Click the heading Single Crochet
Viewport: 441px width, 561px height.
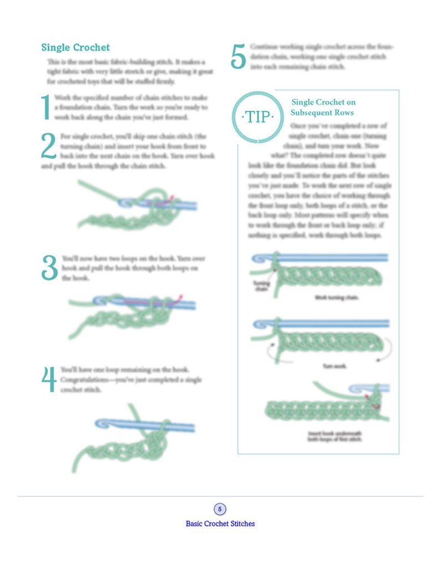pyautogui.click(x=75, y=48)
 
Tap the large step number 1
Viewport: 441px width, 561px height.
pyautogui.click(x=46, y=107)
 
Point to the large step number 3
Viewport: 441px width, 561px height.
pyautogui.click(x=49, y=268)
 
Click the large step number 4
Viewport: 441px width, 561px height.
pyautogui.click(x=49, y=379)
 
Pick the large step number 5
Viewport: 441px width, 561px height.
pyautogui.click(x=238, y=57)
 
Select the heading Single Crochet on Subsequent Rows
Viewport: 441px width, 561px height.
pyautogui.click(x=323, y=107)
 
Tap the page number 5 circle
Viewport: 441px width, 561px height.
pyautogui.click(x=220, y=509)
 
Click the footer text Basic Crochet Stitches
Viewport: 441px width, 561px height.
pyautogui.click(x=220, y=524)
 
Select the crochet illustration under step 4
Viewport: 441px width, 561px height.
pyautogui.click(x=133, y=435)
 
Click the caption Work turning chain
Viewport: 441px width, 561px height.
pyautogui.click(x=337, y=298)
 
